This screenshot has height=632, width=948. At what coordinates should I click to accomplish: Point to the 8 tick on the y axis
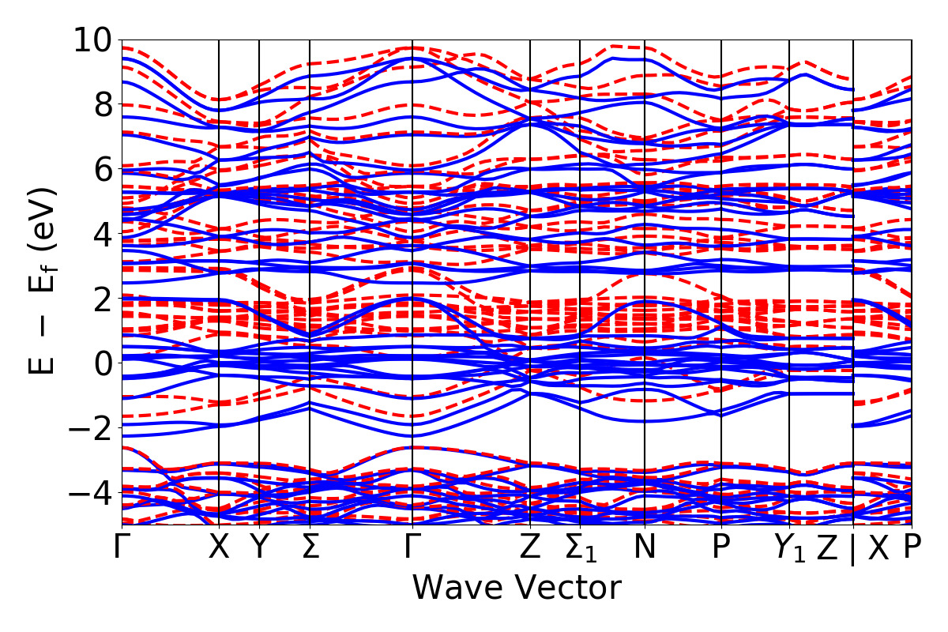click(100, 104)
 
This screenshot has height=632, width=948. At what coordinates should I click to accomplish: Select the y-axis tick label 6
click(100, 169)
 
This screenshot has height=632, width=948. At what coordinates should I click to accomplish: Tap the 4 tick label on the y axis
click(100, 234)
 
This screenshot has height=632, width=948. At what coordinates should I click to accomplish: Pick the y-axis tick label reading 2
click(100, 299)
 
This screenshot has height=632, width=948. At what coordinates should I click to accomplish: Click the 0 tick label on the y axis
click(100, 363)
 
